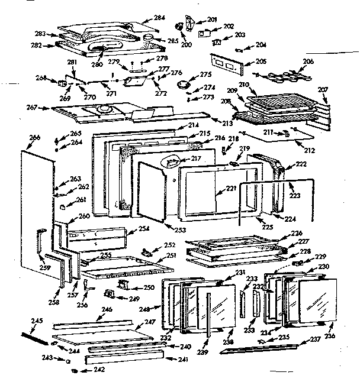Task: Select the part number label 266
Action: click(x=34, y=138)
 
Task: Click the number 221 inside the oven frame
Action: click(x=223, y=189)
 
